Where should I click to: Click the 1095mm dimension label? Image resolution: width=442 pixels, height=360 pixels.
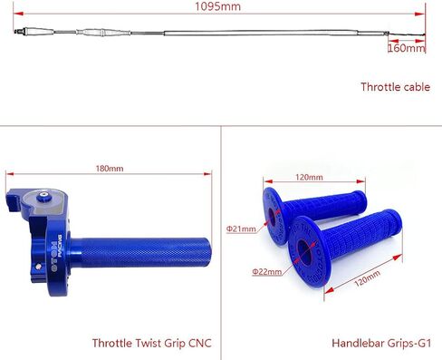217,7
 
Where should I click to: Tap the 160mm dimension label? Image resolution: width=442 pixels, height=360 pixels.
404,48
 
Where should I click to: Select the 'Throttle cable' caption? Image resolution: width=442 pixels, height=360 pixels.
395,87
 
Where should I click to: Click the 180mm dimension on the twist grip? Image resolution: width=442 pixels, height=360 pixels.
110,168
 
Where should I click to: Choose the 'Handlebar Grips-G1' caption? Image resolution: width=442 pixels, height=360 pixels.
380,344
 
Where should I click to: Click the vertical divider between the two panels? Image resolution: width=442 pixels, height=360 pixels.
221,236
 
